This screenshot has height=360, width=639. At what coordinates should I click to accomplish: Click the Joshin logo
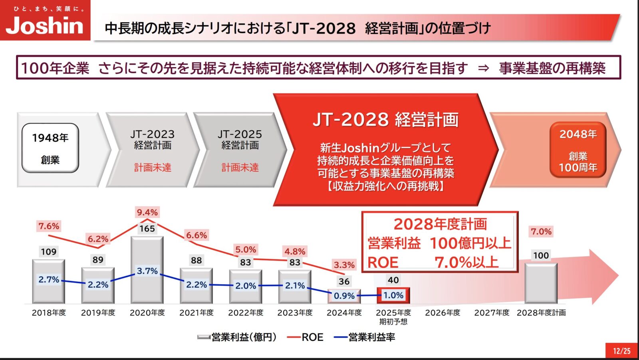pos(45,21)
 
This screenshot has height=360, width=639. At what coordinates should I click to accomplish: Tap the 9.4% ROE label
pos(147,212)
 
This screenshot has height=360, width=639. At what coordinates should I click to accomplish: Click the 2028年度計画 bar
pos(541,283)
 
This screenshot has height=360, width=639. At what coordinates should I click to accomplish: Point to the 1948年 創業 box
pos(50,148)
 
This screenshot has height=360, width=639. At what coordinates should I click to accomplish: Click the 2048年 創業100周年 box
pos(578,150)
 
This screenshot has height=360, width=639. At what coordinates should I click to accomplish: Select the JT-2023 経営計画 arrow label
pos(153,139)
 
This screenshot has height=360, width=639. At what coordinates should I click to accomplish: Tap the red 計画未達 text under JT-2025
pos(240,167)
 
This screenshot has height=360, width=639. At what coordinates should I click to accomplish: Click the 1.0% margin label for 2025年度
pos(393,295)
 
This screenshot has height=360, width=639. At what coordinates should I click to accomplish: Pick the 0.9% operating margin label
pos(344,296)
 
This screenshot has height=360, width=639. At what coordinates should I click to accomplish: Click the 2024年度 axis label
pos(344,313)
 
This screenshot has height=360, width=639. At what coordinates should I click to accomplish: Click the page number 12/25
pos(622,351)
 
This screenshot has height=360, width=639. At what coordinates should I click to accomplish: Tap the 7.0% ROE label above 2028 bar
pos(541,231)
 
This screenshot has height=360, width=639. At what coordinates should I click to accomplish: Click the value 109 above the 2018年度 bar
pos(49,252)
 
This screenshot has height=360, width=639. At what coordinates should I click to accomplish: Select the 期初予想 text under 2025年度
pos(393,322)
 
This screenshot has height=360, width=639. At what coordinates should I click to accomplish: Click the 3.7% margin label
pos(147,271)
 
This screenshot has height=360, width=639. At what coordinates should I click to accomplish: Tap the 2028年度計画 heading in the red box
pos(440,224)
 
